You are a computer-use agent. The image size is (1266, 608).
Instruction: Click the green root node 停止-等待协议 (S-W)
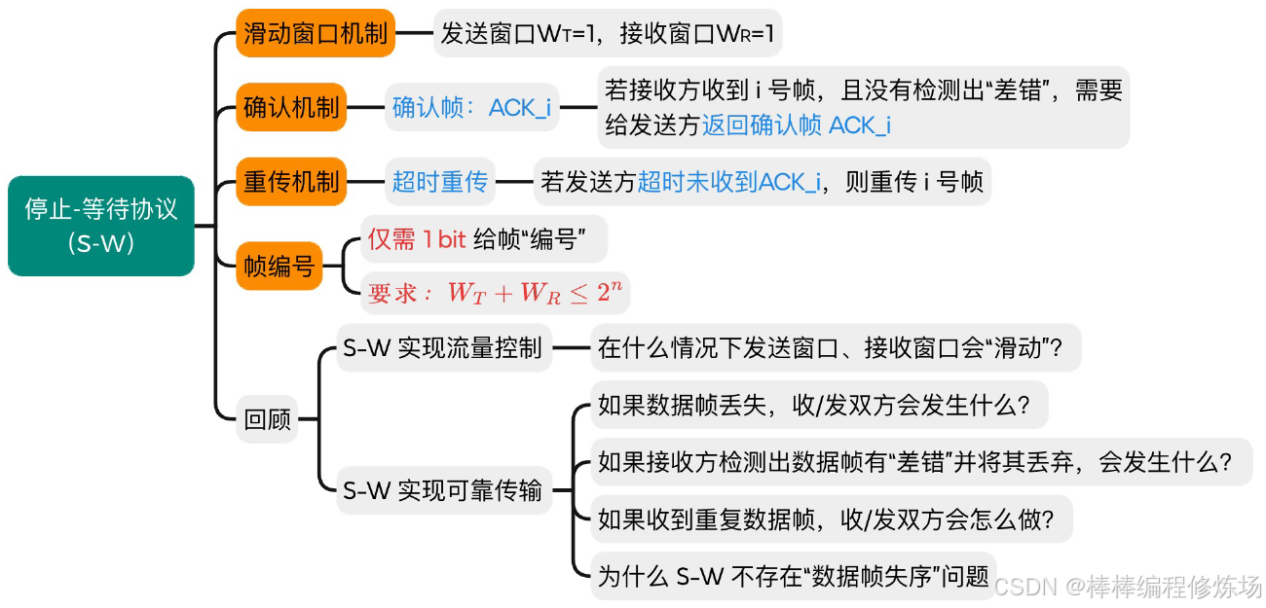point(101,226)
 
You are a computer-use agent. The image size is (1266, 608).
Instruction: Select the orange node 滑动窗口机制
point(316,34)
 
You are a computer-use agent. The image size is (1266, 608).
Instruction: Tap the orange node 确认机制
point(291,107)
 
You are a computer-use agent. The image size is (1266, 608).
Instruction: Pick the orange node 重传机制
point(291,182)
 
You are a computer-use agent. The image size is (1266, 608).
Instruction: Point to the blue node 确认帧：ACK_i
point(471,107)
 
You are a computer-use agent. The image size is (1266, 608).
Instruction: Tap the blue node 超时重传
point(440,182)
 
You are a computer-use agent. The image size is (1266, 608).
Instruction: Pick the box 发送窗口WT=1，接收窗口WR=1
point(607,34)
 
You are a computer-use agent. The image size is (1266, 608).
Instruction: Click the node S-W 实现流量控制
point(442,348)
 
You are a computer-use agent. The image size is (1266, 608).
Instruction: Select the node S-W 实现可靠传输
point(442,491)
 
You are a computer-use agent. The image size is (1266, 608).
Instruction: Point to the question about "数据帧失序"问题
point(793,577)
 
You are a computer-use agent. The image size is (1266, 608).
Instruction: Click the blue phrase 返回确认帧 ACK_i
point(797,125)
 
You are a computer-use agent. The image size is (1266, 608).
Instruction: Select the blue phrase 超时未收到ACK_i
point(728,182)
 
